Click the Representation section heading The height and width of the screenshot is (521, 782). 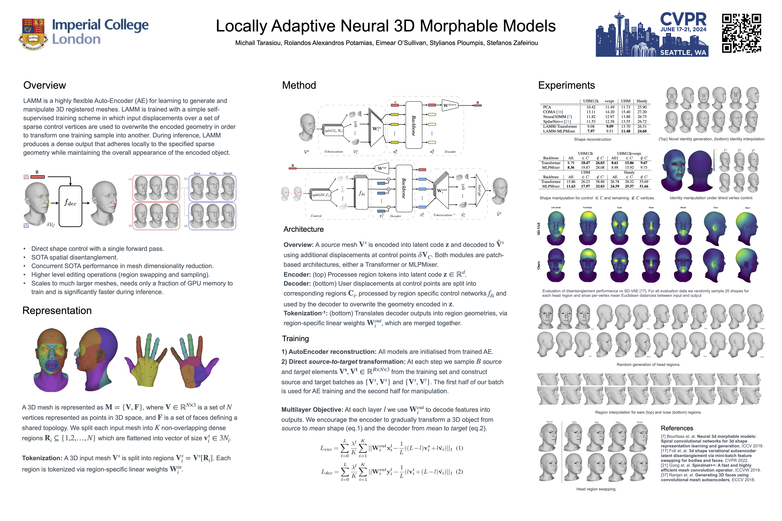point(57,310)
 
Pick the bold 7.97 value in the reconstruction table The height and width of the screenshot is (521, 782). point(591,131)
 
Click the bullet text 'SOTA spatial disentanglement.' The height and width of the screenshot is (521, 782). point(74,257)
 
